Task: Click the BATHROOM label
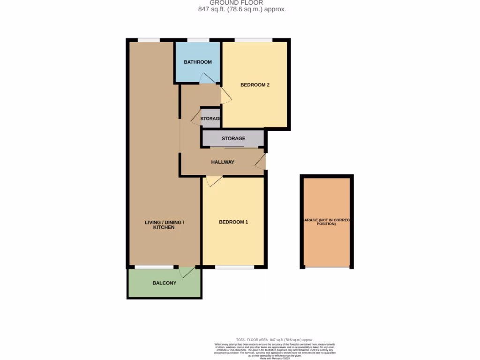point(197,62)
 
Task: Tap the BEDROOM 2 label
point(255,85)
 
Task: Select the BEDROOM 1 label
point(233,222)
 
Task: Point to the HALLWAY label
point(222,162)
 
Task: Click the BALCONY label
point(165,283)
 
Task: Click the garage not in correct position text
point(326,222)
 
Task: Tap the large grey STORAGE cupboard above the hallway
point(233,139)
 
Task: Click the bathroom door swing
point(206,79)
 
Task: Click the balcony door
point(187,272)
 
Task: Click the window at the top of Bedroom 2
point(254,40)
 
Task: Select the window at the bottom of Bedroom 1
point(235,267)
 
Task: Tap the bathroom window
point(198,40)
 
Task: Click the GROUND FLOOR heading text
point(236,2)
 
